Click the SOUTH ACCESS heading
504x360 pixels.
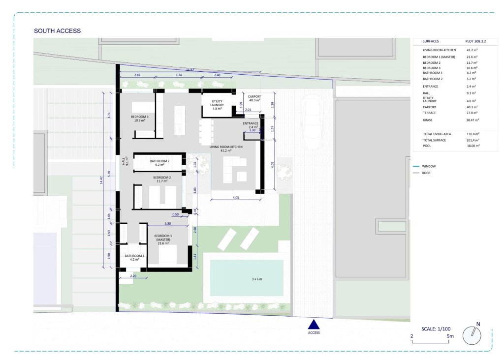(57, 31)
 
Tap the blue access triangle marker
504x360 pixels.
(314, 325)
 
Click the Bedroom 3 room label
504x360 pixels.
(139, 119)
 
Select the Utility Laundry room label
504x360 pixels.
(217, 105)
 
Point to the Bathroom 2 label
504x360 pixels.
(159, 163)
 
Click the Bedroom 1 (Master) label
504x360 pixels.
(163, 240)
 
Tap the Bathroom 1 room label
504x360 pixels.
(134, 258)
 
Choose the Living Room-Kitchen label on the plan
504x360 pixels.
(226, 149)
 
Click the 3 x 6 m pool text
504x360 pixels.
(257, 279)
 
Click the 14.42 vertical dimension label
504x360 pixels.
(101, 180)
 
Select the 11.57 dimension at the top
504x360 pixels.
(190, 70)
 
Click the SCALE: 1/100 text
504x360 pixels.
(436, 329)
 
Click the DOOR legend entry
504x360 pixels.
(422, 173)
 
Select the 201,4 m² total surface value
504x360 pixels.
(473, 140)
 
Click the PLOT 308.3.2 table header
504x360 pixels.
(475, 41)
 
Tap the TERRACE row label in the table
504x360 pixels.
(429, 113)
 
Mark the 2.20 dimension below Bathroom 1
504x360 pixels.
(133, 276)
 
